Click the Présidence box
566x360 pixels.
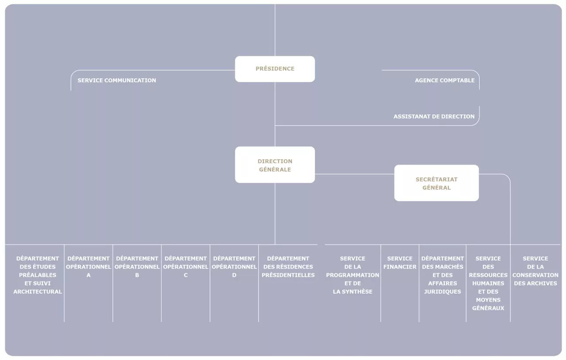tap(275, 69)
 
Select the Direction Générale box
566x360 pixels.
tap(275, 165)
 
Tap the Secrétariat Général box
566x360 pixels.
tap(436, 183)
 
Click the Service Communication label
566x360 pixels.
tap(117, 80)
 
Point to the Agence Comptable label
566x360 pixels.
tap(445, 80)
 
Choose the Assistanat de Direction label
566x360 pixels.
tap(434, 117)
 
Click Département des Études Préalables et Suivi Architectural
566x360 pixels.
tap(38, 275)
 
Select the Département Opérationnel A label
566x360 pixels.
tap(88, 267)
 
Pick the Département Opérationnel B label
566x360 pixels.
tap(137, 267)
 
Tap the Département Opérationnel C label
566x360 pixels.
tap(186, 267)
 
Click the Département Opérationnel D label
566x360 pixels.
tap(234, 267)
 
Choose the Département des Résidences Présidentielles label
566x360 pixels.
tap(288, 267)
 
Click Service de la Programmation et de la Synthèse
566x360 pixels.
tap(352, 275)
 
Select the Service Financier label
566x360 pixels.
tap(400, 263)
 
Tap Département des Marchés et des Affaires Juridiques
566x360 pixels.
tap(443, 275)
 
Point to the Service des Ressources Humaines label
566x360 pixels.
tap(488, 283)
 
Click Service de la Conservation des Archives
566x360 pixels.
tap(535, 271)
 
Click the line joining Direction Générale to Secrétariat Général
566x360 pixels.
tap(355, 174)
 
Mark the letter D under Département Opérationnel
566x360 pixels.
tap(234, 275)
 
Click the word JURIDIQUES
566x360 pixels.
tap(443, 291)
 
